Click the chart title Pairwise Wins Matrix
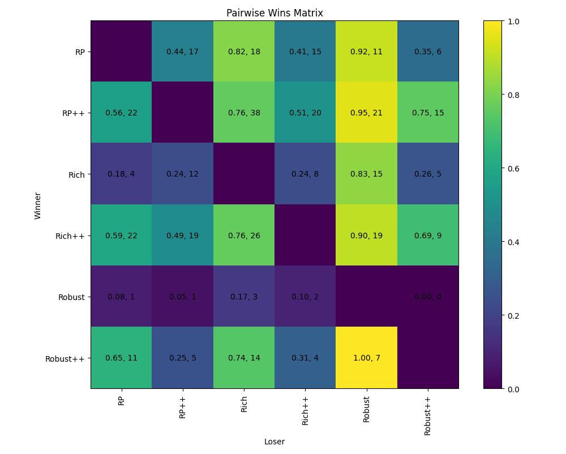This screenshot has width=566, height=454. [x=275, y=13]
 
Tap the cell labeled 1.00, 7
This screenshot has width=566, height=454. [x=366, y=358]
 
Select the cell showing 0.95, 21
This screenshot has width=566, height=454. [x=366, y=113]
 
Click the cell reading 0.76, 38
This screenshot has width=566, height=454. [x=244, y=113]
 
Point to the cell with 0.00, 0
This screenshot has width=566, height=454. [x=427, y=297]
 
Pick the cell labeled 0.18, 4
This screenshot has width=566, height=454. [x=121, y=174]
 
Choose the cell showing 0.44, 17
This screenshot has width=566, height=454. [x=182, y=52]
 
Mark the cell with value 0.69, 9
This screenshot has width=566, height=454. [x=427, y=235]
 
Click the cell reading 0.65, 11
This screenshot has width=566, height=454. [x=121, y=358]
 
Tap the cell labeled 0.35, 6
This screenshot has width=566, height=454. [x=427, y=52]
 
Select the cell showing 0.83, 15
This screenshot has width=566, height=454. [x=366, y=174]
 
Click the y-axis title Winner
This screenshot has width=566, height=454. [x=38, y=205]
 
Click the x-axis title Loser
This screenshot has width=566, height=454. [x=275, y=442]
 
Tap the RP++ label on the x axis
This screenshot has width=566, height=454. [x=182, y=406]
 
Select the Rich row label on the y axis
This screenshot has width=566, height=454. [x=76, y=174]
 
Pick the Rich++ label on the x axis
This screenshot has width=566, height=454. [x=305, y=409]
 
